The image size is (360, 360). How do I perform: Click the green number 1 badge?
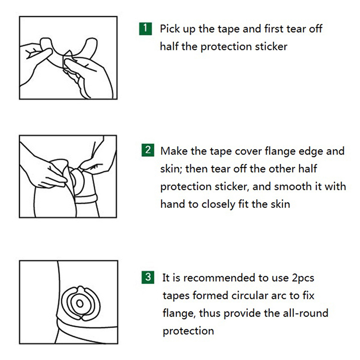[x=145, y=29]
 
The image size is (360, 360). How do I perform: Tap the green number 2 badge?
[x=148, y=150]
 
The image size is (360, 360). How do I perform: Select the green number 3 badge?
[x=148, y=277]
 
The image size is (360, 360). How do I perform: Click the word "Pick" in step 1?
[x=170, y=29]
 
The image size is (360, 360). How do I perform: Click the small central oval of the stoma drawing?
[x=80, y=303]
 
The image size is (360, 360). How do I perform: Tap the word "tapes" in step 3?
[x=176, y=296]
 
